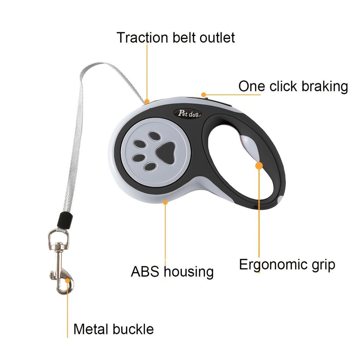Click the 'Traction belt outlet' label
[176, 37]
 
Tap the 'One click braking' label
[293, 86]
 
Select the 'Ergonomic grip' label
[287, 265]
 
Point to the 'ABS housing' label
[172, 272]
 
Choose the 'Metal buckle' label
[114, 329]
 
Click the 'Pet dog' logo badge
[188, 114]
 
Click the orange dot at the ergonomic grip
[259, 166]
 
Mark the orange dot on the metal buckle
[67, 281]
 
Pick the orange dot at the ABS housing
[165, 202]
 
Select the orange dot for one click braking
[204, 95]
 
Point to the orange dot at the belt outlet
[147, 101]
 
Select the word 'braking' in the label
[324, 86]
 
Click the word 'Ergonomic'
[273, 265]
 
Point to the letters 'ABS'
[145, 271]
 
